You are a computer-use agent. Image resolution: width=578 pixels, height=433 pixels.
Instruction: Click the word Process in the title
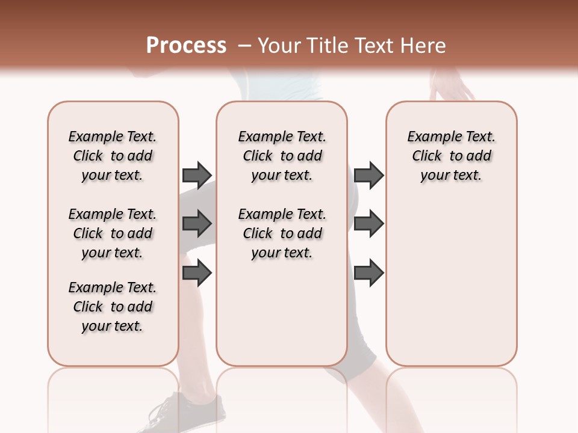(x=186, y=45)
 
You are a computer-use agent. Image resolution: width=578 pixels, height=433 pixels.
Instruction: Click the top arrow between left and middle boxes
(x=196, y=175)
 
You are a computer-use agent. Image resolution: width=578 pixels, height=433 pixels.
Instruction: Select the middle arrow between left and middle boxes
(x=196, y=224)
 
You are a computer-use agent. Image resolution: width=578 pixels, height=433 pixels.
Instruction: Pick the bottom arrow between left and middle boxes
(x=196, y=273)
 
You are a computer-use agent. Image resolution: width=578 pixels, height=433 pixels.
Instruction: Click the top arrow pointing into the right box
(x=368, y=175)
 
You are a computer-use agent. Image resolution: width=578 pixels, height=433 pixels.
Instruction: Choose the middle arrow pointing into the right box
(x=368, y=224)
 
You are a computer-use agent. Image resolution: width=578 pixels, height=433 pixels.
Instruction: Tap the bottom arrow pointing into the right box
(x=368, y=273)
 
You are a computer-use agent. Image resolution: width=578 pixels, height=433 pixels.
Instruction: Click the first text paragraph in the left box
(x=113, y=156)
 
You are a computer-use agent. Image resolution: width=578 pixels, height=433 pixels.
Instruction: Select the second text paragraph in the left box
(x=113, y=233)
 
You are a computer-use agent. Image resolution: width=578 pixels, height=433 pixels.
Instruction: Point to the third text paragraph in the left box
(x=113, y=307)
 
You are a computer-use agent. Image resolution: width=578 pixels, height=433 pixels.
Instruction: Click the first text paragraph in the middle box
(x=282, y=156)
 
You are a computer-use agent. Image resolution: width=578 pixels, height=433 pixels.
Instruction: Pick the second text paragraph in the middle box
(x=282, y=233)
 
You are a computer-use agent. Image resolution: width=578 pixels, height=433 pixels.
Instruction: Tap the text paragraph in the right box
(x=451, y=156)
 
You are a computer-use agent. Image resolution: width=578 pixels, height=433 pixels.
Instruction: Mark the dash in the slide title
(x=244, y=45)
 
